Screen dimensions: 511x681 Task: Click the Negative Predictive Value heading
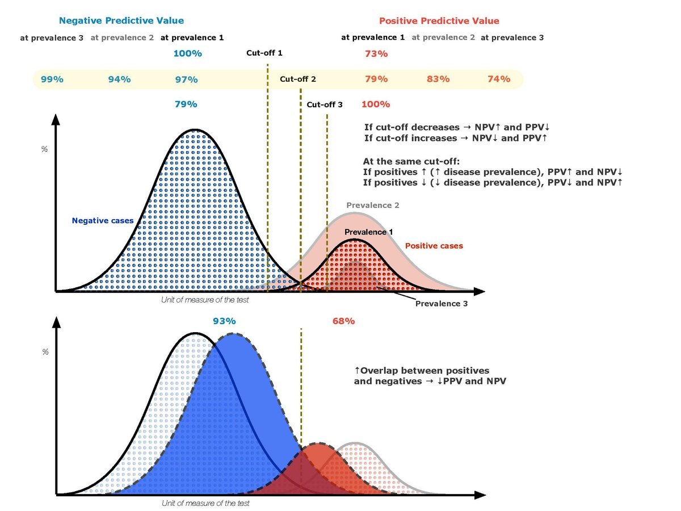[x=121, y=20]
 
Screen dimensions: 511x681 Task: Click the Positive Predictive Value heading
[x=439, y=20]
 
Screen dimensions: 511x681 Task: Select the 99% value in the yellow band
[x=52, y=79]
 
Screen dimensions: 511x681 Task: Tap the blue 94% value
[x=119, y=79]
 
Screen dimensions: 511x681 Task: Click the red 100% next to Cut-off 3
[x=376, y=104]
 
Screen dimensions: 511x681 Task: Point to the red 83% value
[x=438, y=79]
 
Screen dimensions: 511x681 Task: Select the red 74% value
[x=499, y=79]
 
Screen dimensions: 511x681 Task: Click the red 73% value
[x=376, y=54]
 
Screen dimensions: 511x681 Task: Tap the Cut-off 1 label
[x=264, y=53]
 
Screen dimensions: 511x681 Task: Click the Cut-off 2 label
[x=298, y=79]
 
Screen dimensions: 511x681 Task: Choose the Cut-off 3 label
[x=325, y=104]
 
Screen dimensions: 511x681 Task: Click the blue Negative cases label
[x=103, y=221]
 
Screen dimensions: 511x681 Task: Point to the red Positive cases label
[x=434, y=246]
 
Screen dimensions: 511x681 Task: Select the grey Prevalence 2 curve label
[x=373, y=205]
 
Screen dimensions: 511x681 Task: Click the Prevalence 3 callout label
[x=442, y=304]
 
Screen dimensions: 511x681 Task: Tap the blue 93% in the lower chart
[x=224, y=321]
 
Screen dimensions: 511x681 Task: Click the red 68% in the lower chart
[x=343, y=321]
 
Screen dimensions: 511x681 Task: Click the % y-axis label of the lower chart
[x=45, y=352]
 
